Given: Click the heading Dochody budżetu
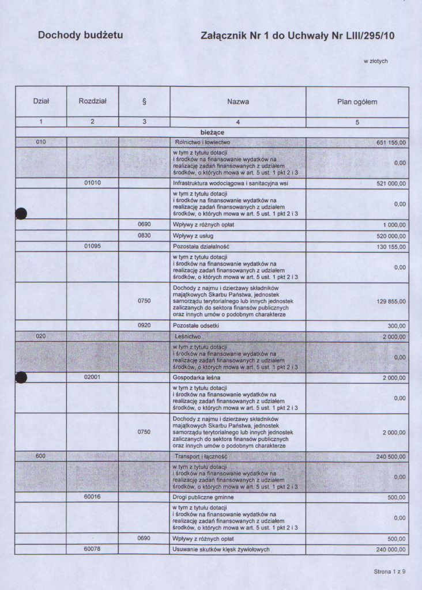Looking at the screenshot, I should (x=80, y=35).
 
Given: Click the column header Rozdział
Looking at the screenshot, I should (x=92, y=101).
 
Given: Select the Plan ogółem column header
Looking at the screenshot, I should (x=357, y=102).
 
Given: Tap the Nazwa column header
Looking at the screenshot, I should (x=238, y=102).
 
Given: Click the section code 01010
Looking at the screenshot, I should (x=92, y=183).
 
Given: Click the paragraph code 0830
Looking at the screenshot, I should (x=144, y=236).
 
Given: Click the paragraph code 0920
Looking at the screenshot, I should (x=144, y=326).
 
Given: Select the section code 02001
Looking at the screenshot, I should (x=92, y=378).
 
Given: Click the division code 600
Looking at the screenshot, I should (x=40, y=456).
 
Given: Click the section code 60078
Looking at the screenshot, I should (x=92, y=549).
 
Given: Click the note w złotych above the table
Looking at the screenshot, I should (x=375, y=60).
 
